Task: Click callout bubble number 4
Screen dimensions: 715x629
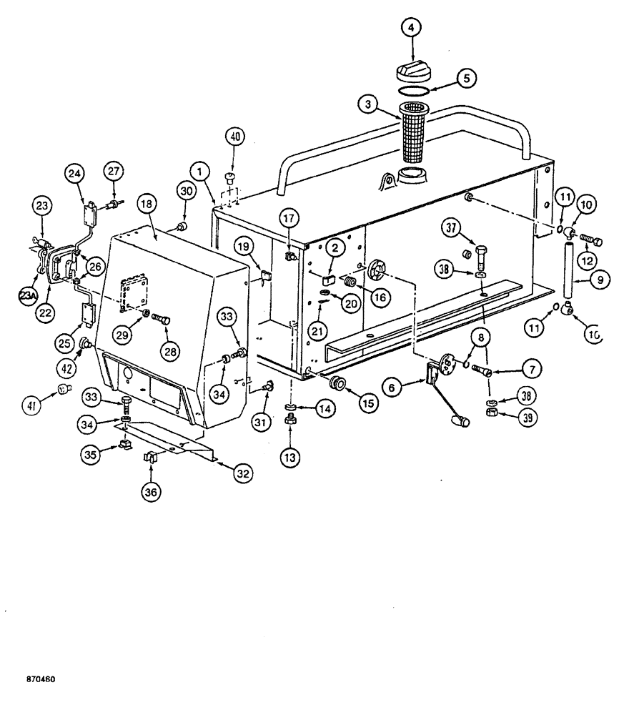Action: (411, 29)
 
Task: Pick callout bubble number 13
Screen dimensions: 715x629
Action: (291, 458)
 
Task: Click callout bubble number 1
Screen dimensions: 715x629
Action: (200, 171)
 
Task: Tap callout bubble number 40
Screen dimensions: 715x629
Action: (235, 135)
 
